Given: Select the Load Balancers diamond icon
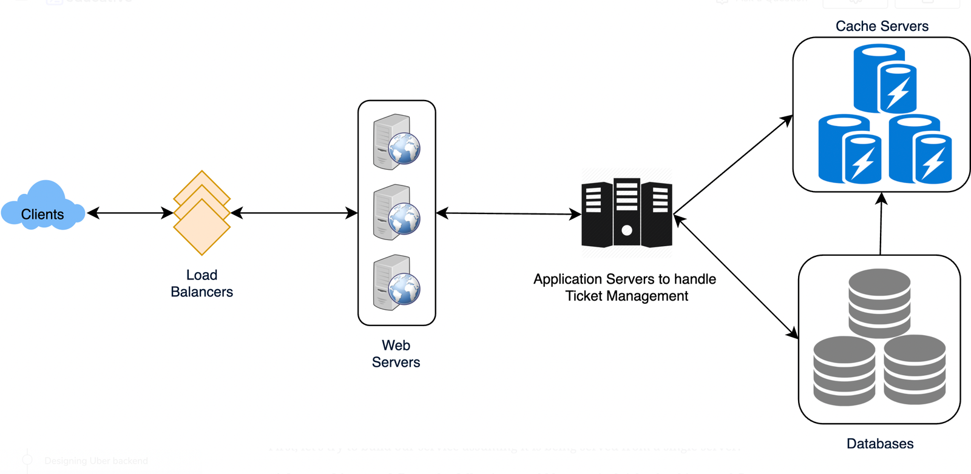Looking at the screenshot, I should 202,213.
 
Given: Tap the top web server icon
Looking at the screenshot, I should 396,142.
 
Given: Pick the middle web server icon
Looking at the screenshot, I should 396,212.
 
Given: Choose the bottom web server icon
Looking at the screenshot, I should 396,282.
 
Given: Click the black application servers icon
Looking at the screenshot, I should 627,213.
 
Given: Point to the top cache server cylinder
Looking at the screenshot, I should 884,79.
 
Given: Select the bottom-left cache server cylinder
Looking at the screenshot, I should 849,149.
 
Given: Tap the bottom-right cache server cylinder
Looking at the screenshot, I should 919,149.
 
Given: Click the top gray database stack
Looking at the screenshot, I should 879,303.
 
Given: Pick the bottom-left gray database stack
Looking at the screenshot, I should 844,371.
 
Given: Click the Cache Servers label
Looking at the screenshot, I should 882,26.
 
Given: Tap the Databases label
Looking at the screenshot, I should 880,444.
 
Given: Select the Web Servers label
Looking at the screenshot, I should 396,354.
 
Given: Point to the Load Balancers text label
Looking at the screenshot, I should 201,284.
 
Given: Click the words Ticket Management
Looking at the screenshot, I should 627,296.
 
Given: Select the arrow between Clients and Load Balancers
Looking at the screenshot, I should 130,213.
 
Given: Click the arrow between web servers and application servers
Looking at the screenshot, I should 509,213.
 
